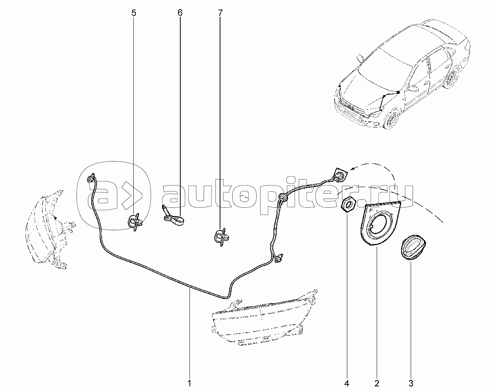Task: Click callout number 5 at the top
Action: tap(134, 13)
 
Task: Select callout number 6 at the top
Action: tap(180, 13)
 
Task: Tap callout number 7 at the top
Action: tap(220, 13)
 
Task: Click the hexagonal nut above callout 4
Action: tap(347, 205)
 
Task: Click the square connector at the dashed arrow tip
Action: tap(340, 175)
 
